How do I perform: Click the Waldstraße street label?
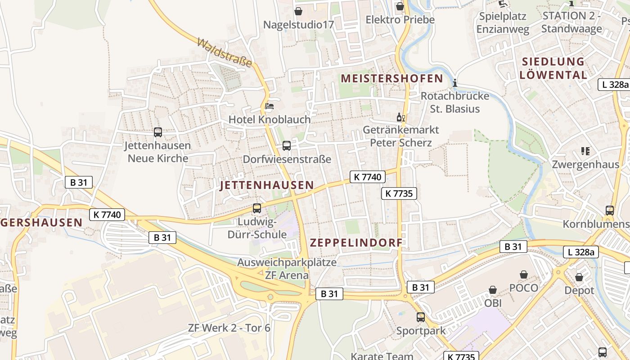224,53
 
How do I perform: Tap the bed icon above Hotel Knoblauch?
269,106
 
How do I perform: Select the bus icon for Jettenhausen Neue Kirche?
157,132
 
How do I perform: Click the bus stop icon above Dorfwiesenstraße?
286,146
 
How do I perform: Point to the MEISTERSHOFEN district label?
392,79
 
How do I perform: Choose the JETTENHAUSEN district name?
267,185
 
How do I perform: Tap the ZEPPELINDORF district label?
356,243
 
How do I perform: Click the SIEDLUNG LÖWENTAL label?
553,68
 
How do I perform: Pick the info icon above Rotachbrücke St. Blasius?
455,83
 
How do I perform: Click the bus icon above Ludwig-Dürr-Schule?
256,208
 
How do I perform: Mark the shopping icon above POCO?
524,274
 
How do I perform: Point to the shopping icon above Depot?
579,277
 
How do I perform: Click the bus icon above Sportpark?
420,317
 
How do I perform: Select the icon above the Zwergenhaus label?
585,151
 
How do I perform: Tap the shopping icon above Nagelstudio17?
298,11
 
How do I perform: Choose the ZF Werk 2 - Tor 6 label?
229,328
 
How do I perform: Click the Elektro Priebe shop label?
400,20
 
